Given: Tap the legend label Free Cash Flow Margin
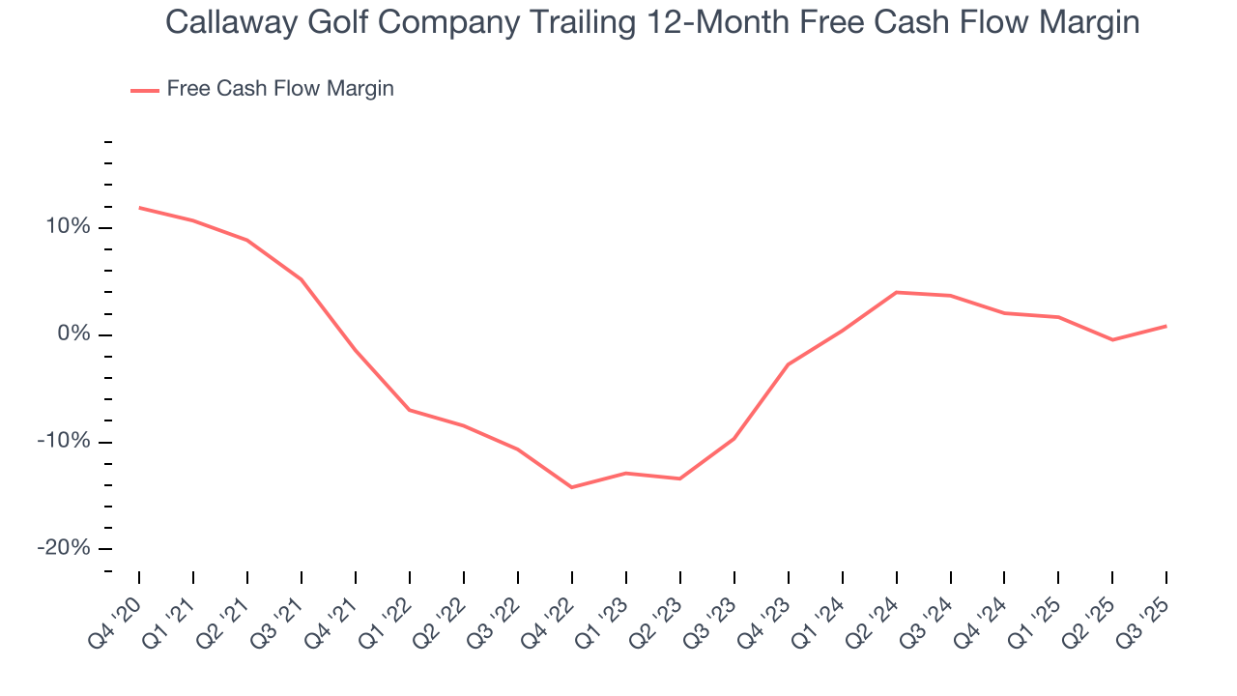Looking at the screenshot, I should click(x=280, y=89).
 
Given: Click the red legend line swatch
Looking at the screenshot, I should click(x=145, y=90).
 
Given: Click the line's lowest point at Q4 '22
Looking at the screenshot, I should click(x=572, y=487).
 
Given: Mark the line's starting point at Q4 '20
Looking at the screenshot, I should click(x=139, y=207).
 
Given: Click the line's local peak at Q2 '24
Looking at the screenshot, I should click(x=897, y=292).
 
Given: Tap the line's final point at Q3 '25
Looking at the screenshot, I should click(x=1166, y=326).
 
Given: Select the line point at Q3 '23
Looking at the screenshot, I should click(x=734, y=438).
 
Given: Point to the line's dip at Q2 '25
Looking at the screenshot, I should click(x=1112, y=339).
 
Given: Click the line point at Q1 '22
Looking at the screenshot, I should click(x=410, y=410).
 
